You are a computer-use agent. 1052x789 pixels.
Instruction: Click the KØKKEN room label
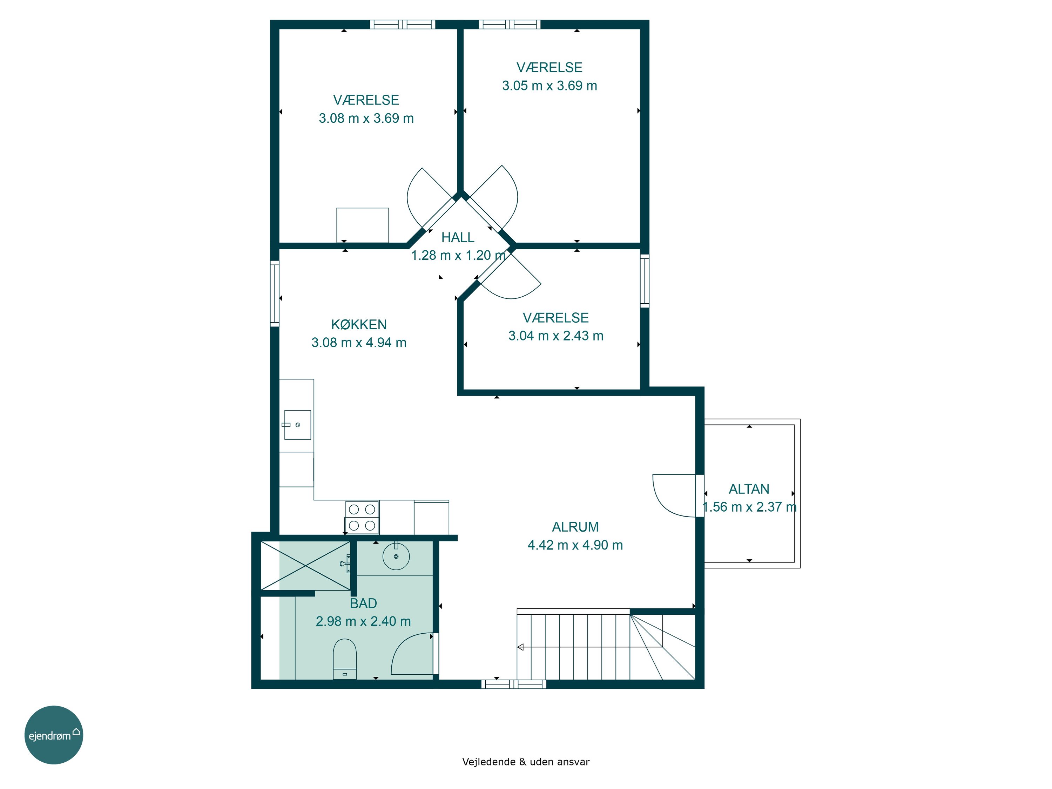(x=359, y=324)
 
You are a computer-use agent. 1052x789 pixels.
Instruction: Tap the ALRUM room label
(x=575, y=527)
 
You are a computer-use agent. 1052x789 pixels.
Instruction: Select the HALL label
(x=458, y=237)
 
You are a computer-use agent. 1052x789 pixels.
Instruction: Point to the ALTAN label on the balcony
(x=749, y=489)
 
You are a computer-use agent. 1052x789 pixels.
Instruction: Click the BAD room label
(x=363, y=603)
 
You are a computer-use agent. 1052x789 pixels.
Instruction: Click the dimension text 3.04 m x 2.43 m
(x=555, y=336)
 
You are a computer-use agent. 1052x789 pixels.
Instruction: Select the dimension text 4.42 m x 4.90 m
(x=575, y=545)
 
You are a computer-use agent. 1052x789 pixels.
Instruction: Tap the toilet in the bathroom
(x=345, y=658)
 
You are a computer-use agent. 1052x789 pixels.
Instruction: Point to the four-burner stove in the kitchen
(x=362, y=517)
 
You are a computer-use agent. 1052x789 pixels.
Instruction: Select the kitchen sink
(x=298, y=425)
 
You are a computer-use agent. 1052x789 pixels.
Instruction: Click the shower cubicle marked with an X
(x=305, y=566)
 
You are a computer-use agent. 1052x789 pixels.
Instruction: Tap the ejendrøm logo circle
(x=54, y=735)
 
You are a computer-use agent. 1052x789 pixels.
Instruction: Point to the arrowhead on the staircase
(x=520, y=647)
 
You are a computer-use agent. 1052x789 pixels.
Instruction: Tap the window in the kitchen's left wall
(x=275, y=294)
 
